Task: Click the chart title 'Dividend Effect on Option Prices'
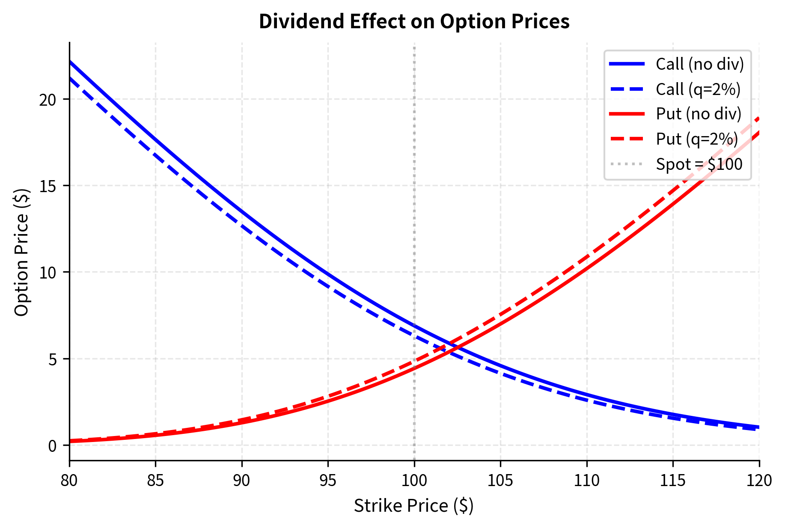tap(414, 21)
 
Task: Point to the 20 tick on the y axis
tap(48, 100)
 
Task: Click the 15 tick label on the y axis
tap(48, 186)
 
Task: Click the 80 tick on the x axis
tap(69, 481)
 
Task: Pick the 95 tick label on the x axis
tap(328, 481)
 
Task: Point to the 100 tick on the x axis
tap(414, 481)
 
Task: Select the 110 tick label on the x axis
tap(586, 481)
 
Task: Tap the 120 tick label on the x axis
tap(759, 481)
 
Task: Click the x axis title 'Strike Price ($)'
tap(413, 506)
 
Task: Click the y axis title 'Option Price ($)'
tap(21, 252)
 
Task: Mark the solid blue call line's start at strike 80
tap(70, 61)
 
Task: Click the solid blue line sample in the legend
tap(627, 64)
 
